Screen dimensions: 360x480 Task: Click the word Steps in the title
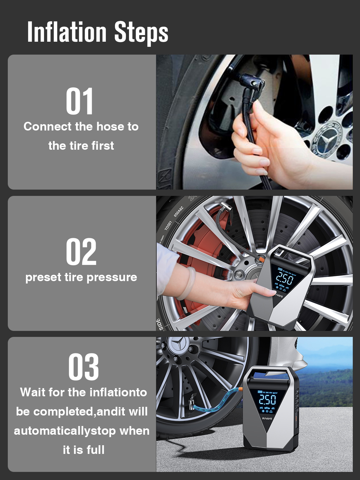pos(141,33)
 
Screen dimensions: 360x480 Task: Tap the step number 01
pos(80,101)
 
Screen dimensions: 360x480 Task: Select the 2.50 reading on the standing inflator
pos(268,400)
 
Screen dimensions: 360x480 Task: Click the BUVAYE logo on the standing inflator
pos(267,418)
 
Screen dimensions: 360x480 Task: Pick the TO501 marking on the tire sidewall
pos(168,226)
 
